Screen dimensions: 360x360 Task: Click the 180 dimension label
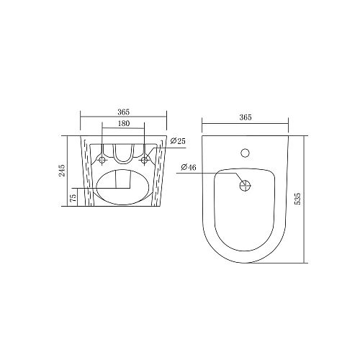pyautogui.click(x=124, y=123)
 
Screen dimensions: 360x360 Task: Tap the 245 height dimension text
pyautogui.click(x=62, y=171)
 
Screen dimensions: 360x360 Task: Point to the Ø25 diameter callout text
pyautogui.click(x=178, y=141)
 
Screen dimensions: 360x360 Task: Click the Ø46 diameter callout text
pyautogui.click(x=189, y=167)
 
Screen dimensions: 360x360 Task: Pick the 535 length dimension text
pyautogui.click(x=297, y=199)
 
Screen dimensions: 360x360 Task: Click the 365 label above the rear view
pyautogui.click(x=123, y=112)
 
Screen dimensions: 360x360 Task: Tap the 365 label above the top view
pyautogui.click(x=246, y=117)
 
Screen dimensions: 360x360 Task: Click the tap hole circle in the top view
pyautogui.click(x=245, y=153)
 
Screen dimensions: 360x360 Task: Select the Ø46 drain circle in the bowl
pyautogui.click(x=245, y=186)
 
